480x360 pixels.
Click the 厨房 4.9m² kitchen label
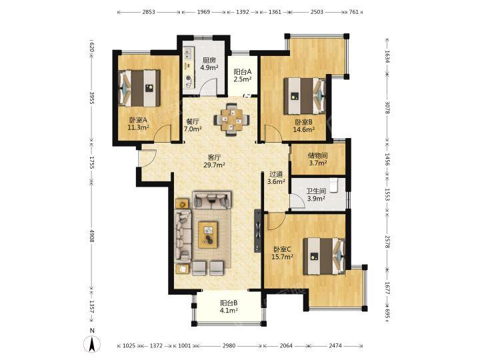(209, 64)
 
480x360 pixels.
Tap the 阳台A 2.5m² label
(243, 75)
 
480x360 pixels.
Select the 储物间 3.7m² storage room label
(317, 159)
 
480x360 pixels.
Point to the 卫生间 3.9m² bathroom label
(316, 195)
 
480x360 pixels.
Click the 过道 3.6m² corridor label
(276, 177)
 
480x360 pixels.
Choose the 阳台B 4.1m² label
(229, 307)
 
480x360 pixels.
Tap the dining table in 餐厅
(232, 119)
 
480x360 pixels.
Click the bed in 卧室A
(139, 88)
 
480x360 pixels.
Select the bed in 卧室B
(305, 96)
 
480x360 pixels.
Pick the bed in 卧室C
(325, 256)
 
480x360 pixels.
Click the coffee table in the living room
(208, 235)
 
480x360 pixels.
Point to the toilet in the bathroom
(333, 185)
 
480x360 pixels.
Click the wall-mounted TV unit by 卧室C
(258, 231)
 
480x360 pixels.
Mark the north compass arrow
(92, 343)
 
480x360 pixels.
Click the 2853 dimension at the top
(149, 12)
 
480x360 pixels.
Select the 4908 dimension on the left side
(91, 236)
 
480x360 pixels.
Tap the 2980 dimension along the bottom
(229, 346)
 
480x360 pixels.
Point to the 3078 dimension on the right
(387, 107)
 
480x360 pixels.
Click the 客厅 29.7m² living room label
(214, 161)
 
